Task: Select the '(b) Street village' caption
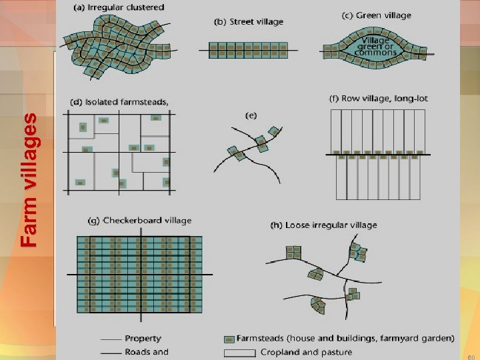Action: pyautogui.click(x=249, y=22)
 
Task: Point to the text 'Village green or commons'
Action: pyautogui.click(x=377, y=46)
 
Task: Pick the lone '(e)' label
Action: pyautogui.click(x=251, y=115)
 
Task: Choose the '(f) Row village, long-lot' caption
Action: pyautogui.click(x=379, y=98)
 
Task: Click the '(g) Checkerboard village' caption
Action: pyautogui.click(x=140, y=220)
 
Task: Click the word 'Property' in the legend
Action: pyautogui.click(x=143, y=339)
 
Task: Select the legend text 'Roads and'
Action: pyautogui.click(x=147, y=351)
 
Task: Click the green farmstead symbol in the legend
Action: pyautogui.click(x=229, y=339)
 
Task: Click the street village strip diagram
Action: pyautogui.click(x=249, y=48)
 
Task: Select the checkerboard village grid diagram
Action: pyautogui.click(x=140, y=275)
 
